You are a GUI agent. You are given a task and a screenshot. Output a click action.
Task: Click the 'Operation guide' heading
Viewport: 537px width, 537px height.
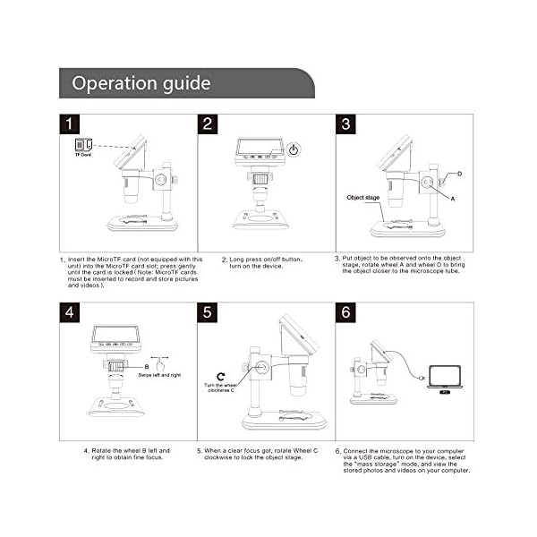tap(141, 84)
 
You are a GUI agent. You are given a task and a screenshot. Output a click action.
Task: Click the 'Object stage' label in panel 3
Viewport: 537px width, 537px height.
tap(362, 197)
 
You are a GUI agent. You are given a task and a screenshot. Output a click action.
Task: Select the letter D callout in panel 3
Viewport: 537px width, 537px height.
tap(459, 173)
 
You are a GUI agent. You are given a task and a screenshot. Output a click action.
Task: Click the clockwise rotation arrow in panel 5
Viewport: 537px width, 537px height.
tap(220, 376)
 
